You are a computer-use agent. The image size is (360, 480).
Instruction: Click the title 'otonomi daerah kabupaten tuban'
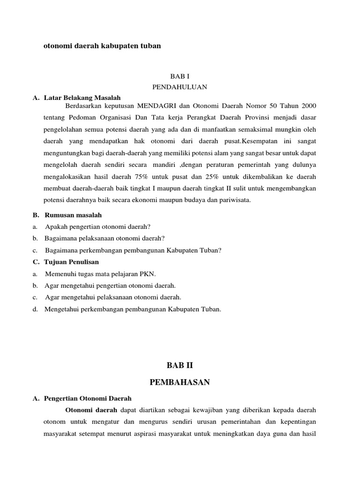102,46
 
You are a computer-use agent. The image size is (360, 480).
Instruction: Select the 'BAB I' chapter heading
180,76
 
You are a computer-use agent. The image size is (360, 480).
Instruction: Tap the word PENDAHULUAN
180,87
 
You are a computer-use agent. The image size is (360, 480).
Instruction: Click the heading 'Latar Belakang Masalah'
82,97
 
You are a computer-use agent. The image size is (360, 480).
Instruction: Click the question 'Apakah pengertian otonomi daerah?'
97,226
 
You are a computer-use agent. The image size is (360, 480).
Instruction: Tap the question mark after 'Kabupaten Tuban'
220,250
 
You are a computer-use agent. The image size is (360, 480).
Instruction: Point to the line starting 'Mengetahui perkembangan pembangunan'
132,309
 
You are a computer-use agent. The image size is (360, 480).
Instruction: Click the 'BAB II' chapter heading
180,364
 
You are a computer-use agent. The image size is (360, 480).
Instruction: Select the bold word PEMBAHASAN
180,382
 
